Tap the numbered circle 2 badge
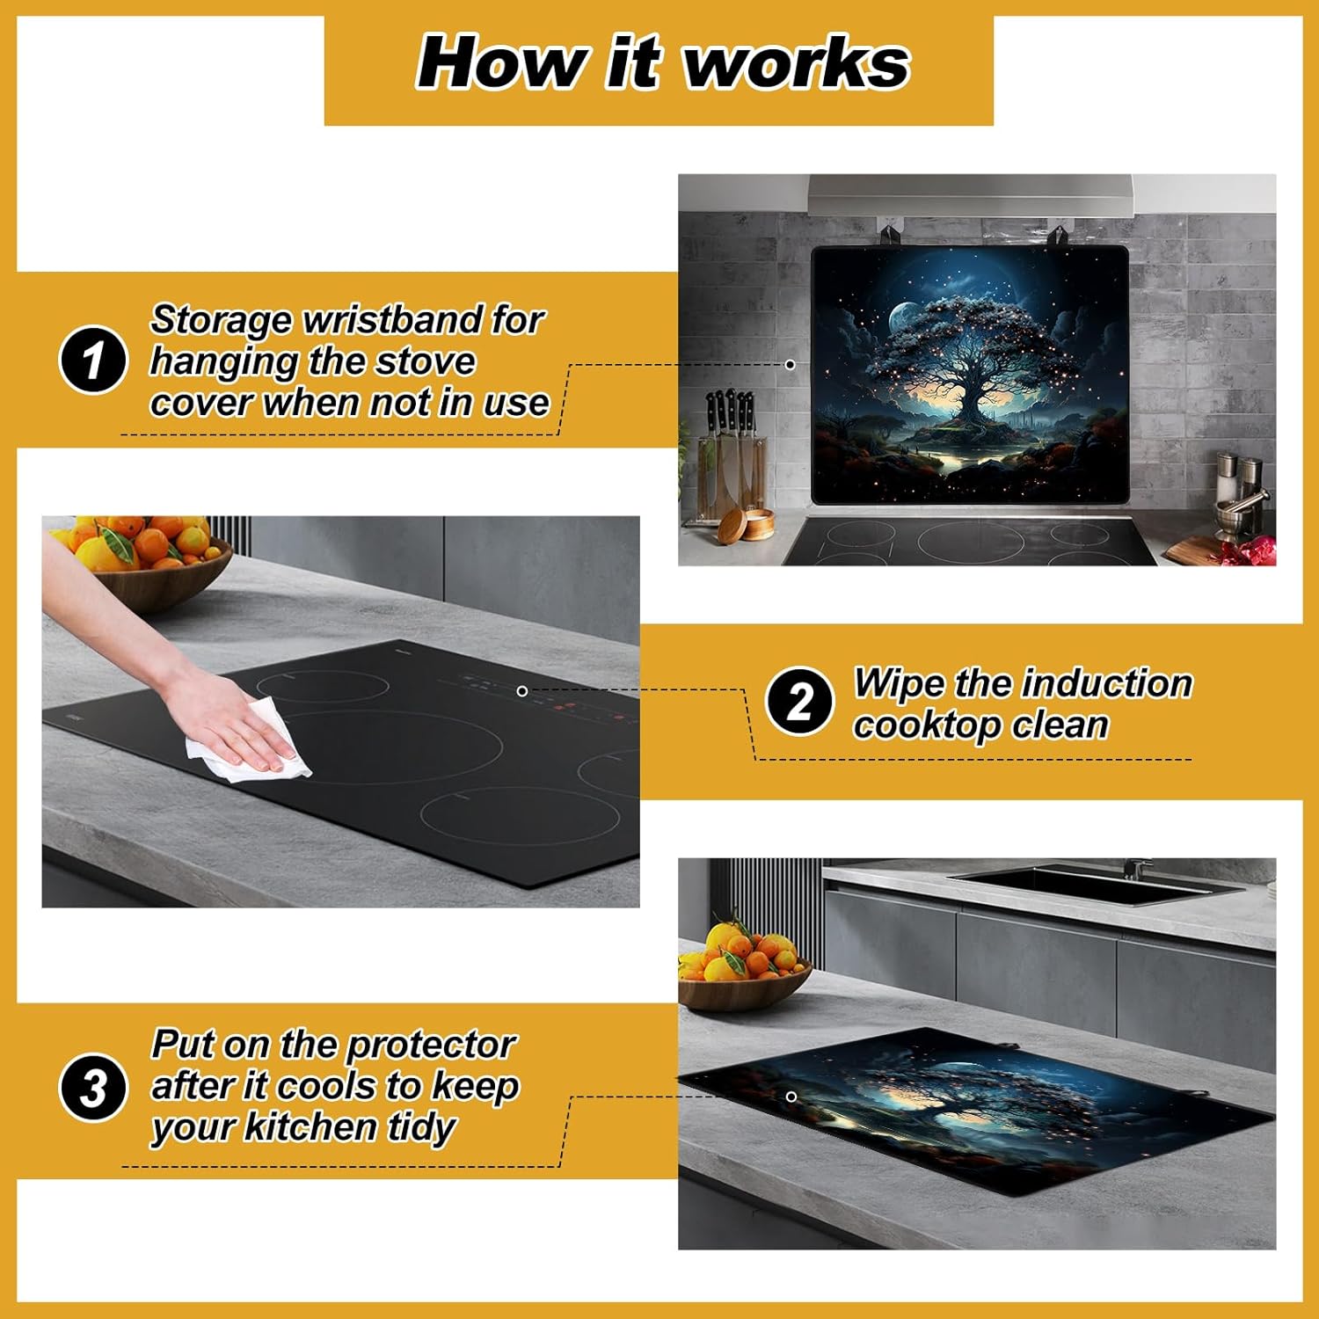(799, 701)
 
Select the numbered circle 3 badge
(93, 1087)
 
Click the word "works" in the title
(797, 63)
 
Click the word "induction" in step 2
(1107, 683)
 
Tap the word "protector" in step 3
(430, 1046)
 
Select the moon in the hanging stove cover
(904, 317)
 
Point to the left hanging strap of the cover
(889, 237)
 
